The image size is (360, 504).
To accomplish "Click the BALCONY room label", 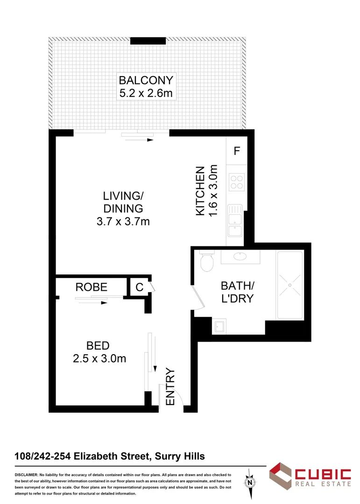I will click(146, 80).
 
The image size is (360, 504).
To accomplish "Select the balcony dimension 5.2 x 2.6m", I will click(146, 93).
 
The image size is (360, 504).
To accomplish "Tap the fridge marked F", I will click(237, 151).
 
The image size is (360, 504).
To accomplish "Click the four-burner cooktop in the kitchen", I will click(237, 181).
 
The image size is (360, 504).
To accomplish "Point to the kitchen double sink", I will click(234, 221).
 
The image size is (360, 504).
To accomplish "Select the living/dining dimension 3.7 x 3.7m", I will click(123, 222).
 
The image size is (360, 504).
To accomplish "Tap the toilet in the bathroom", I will click(206, 262).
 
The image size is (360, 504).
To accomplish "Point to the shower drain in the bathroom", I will click(289, 285).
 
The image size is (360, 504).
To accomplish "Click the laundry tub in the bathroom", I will click(219, 326).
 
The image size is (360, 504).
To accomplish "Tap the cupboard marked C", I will click(139, 287).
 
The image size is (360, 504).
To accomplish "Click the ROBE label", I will click(92, 287).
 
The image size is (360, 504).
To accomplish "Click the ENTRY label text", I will click(170, 387).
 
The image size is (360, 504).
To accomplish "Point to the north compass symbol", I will click(251, 482).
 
